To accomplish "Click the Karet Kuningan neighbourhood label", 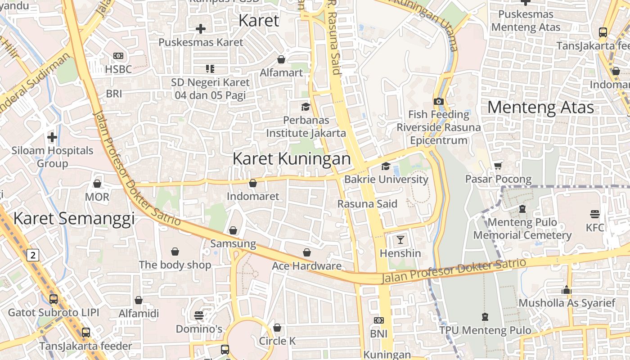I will tap(292, 158).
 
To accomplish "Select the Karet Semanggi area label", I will tap(74, 218).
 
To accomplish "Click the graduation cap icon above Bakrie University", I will tap(386, 166).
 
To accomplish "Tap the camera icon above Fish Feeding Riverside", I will tap(439, 101).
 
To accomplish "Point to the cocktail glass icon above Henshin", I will tap(400, 240).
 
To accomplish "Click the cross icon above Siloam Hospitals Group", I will tap(52, 137).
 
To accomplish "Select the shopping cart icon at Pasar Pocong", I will tap(498, 166).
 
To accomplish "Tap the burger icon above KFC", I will tap(595, 214).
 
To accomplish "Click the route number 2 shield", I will tap(32, 255).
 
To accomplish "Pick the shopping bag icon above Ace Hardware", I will tap(307, 252).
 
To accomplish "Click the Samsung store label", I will tap(233, 244).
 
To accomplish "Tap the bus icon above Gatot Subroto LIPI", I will tap(54, 299).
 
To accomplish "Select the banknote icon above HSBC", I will tap(118, 56).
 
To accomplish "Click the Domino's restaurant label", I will tap(199, 329).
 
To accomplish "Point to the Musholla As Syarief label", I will tap(567, 303).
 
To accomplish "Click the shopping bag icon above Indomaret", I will tap(253, 183).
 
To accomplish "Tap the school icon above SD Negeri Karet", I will tap(210, 69).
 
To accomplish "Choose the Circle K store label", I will tap(277, 341).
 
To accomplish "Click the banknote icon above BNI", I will tap(379, 320).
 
